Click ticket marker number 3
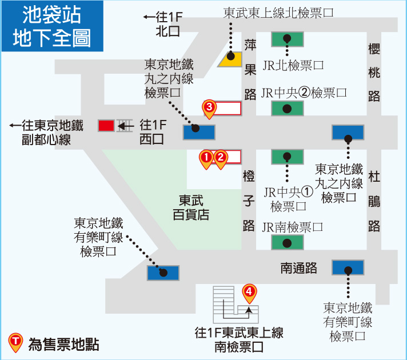point(209,109)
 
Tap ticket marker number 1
point(206,159)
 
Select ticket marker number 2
point(221,159)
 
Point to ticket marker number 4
point(249,293)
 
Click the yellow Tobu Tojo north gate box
point(230,59)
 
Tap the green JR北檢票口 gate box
point(288,39)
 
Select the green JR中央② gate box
point(288,108)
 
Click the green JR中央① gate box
point(288,157)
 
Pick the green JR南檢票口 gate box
point(288,242)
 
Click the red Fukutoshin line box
point(106,126)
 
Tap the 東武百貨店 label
point(191,207)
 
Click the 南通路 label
point(299,268)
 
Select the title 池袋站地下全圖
point(52,26)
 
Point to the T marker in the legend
point(15,343)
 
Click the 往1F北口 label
point(163,24)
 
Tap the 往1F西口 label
point(153,132)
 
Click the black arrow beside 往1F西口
point(125,127)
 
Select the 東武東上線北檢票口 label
point(278,13)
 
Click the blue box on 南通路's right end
point(348,267)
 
